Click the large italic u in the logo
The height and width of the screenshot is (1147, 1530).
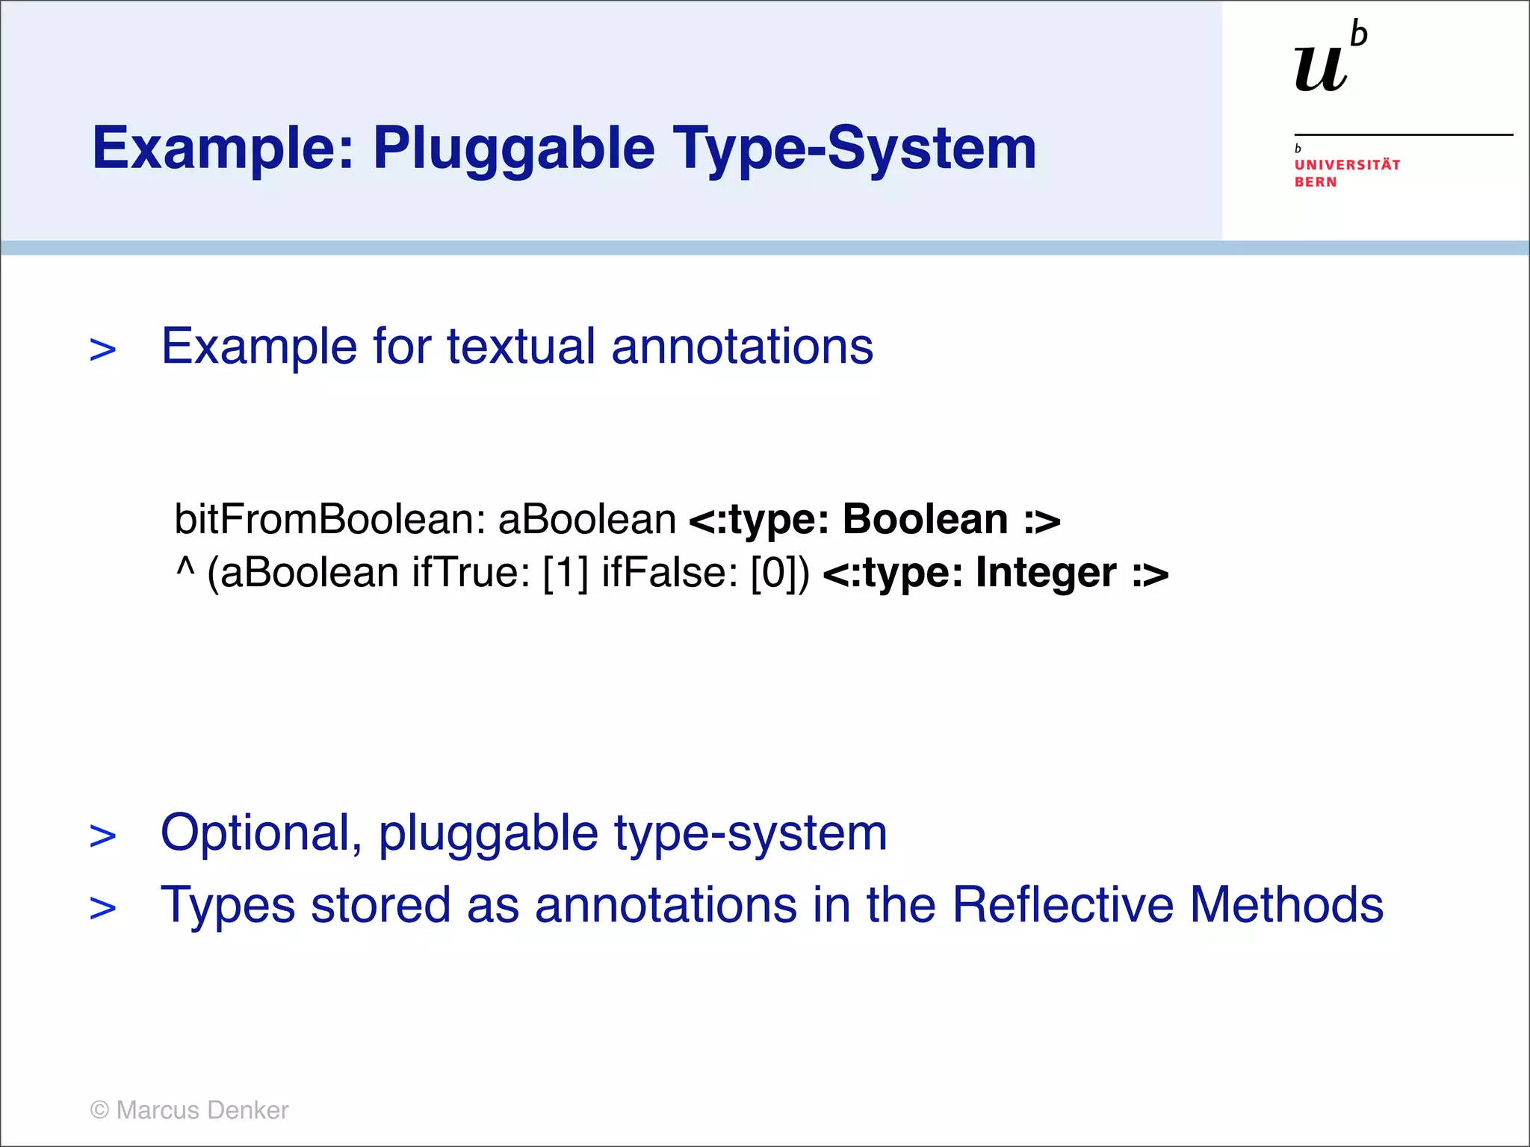point(1321,69)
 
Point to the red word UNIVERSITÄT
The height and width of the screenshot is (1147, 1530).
point(1347,165)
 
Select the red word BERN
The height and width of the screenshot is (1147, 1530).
point(1316,182)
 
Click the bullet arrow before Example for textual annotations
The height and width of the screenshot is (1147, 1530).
point(103,349)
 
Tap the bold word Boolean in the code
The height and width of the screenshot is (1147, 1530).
point(925,519)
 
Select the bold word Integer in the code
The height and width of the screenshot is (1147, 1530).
point(1046,573)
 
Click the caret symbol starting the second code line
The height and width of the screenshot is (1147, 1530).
point(185,569)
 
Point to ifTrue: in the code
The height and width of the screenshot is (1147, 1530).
point(471,573)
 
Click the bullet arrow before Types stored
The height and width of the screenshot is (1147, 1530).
point(103,908)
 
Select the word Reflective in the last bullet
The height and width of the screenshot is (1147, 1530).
point(1063,905)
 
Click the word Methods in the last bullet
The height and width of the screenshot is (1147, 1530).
point(1286,905)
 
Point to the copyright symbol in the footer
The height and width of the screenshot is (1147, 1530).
point(99,1110)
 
